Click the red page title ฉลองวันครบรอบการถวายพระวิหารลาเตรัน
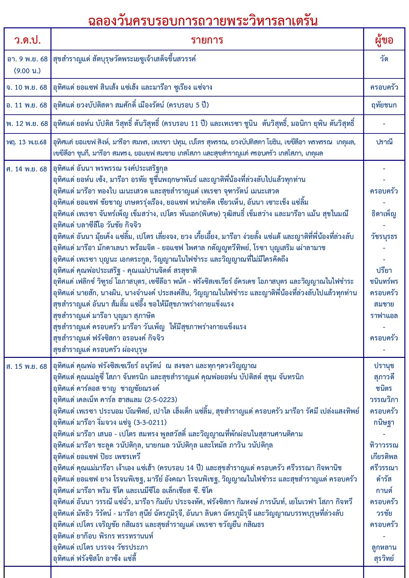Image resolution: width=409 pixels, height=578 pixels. click(x=203, y=21)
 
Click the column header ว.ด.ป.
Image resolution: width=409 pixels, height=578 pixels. click(x=27, y=40)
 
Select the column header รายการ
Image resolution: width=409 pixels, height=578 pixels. click(x=207, y=40)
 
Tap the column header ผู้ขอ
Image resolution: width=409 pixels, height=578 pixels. click(x=384, y=40)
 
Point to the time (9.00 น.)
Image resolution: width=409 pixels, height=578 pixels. click(x=27, y=71)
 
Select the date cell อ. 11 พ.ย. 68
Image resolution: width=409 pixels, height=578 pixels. click(x=27, y=105)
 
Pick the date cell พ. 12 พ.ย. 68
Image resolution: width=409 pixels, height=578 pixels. click(x=27, y=124)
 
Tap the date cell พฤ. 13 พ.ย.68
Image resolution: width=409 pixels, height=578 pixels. click(x=27, y=142)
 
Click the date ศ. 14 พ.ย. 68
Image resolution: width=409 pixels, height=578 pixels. click(x=27, y=169)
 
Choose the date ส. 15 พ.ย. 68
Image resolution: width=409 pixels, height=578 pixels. click(x=27, y=366)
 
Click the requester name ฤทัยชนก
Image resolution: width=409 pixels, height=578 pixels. click(x=384, y=105)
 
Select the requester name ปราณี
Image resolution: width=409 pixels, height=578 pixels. click(x=384, y=142)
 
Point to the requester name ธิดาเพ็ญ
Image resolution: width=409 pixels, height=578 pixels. click(x=384, y=214)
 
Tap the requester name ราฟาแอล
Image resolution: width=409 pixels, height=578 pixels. click(x=384, y=316)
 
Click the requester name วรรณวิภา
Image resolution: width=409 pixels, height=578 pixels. click(x=384, y=400)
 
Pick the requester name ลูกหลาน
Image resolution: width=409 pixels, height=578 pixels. click(x=384, y=547)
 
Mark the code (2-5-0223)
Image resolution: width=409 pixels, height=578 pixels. click(x=161, y=400)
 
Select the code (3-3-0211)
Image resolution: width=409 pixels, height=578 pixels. click(x=150, y=422)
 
